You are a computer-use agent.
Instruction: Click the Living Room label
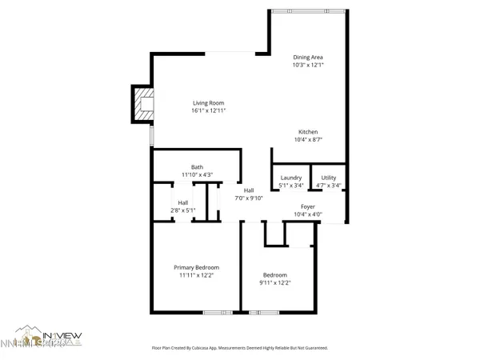(208, 102)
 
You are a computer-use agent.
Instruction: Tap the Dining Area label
(308, 57)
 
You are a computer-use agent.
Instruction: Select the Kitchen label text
(309, 131)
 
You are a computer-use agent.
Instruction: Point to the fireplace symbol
(144, 105)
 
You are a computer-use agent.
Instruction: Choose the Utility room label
(328, 178)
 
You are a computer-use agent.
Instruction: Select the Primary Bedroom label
(197, 267)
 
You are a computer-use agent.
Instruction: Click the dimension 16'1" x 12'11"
(208, 110)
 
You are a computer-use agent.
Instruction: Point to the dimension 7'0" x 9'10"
(249, 198)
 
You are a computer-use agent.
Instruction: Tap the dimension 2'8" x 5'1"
(183, 210)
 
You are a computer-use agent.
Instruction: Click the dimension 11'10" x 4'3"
(197, 174)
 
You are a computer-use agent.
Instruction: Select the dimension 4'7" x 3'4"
(328, 186)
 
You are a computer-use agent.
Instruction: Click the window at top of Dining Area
(309, 11)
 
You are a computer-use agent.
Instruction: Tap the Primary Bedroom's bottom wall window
(214, 311)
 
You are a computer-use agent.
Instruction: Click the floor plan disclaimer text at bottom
(240, 348)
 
